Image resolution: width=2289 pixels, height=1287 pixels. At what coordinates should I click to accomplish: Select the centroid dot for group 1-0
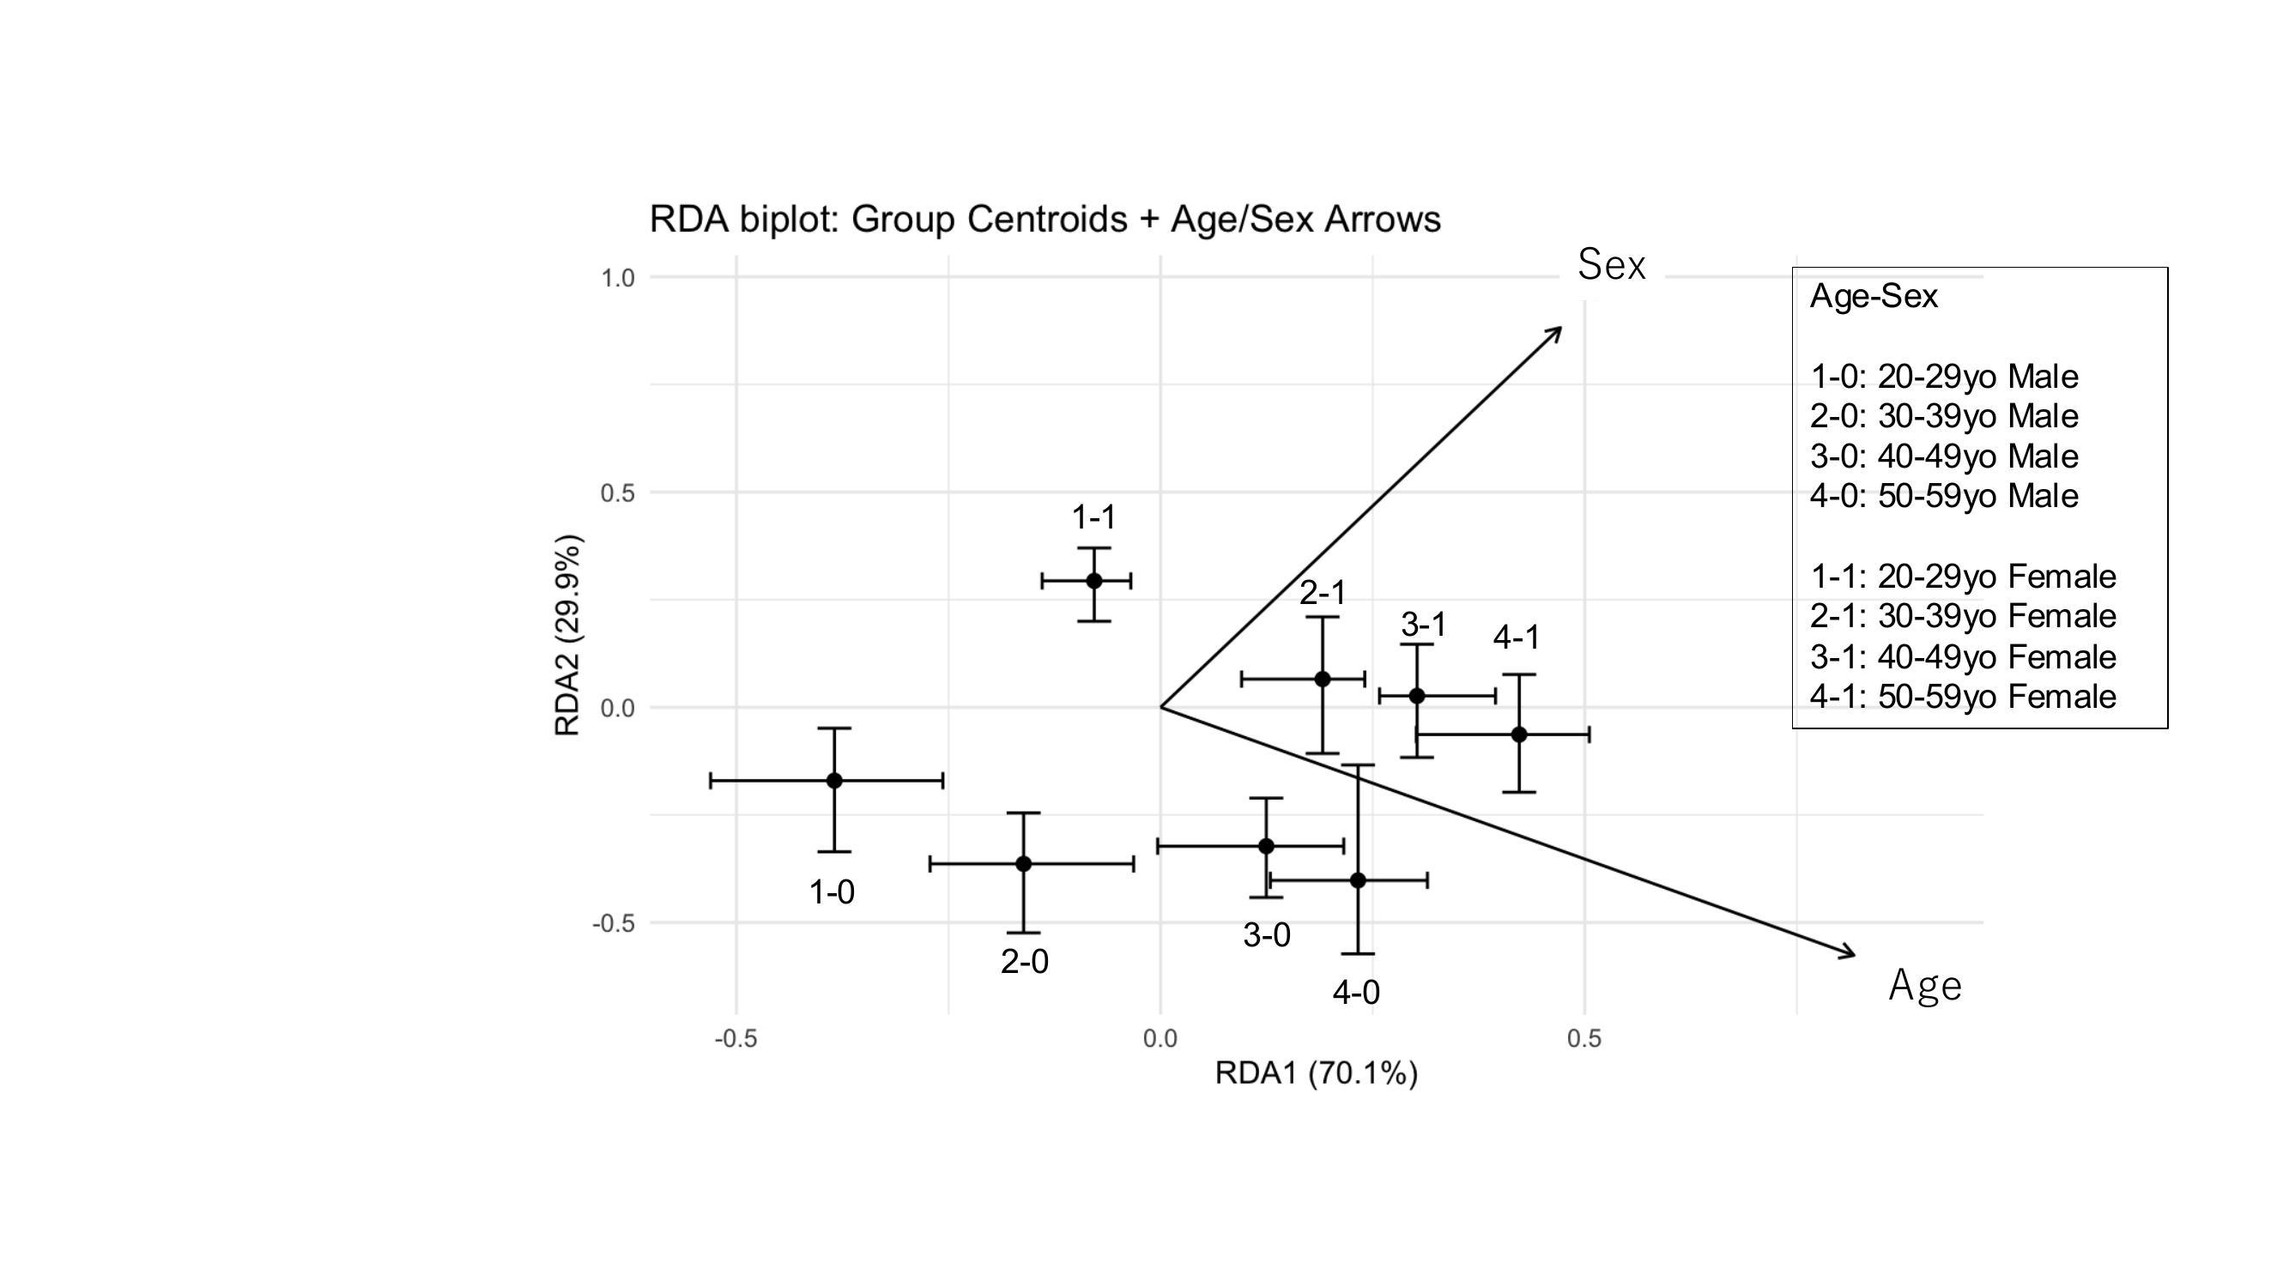tap(834, 781)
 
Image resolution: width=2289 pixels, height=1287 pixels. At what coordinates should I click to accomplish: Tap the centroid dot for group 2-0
tap(1024, 863)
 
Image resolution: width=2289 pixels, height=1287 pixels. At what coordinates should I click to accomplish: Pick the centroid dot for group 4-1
tap(1518, 734)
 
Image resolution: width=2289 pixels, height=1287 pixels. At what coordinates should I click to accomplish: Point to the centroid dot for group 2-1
tap(1323, 680)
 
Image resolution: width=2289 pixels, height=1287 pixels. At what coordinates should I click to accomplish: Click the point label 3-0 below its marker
tap(1266, 935)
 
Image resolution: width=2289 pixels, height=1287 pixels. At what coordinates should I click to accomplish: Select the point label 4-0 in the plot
tap(1356, 993)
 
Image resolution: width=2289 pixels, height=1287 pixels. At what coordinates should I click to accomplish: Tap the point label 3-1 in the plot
tap(1424, 625)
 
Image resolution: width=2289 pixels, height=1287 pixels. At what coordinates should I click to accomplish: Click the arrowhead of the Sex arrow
tap(1558, 330)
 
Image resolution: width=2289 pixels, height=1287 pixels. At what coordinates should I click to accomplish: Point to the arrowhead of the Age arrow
tap(1850, 955)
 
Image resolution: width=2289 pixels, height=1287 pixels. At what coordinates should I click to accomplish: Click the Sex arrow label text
tap(1611, 264)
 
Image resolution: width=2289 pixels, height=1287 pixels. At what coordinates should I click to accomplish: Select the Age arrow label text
tap(1925, 986)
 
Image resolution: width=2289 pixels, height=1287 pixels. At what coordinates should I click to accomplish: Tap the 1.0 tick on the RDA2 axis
tap(618, 278)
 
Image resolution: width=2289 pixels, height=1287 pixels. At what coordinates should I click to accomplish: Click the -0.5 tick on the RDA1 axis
tap(736, 1038)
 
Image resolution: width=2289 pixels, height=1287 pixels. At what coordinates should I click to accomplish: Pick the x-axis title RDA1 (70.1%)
tap(1316, 1074)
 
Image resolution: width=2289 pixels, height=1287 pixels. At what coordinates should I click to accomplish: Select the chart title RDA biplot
tap(1045, 220)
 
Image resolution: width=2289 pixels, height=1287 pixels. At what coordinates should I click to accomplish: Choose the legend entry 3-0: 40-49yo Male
tap(1944, 456)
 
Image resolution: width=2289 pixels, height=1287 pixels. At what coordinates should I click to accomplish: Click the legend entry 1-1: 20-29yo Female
tap(1963, 577)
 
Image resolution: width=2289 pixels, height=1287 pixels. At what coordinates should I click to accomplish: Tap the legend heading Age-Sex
tap(1873, 297)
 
